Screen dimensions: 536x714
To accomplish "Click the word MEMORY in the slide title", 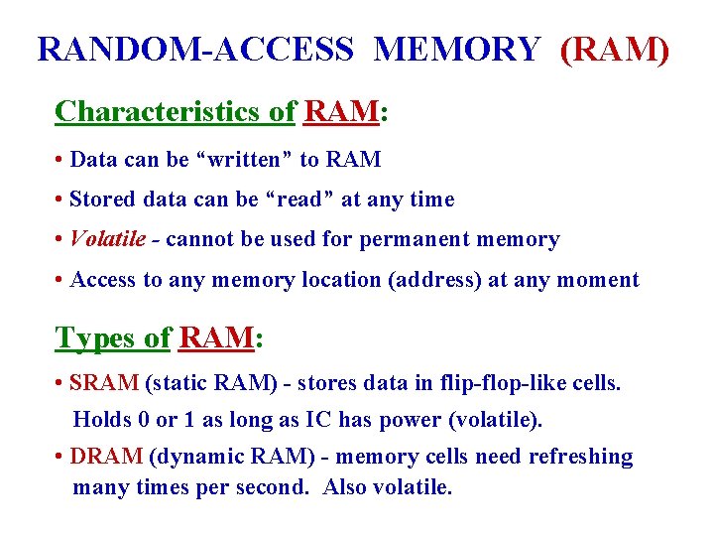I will (456, 49).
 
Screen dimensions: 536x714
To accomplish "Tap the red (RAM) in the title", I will (615, 49).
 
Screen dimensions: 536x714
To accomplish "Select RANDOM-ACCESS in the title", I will (195, 49).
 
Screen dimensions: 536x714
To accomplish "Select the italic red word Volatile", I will (110, 239).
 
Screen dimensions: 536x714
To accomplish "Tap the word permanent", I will (430, 239).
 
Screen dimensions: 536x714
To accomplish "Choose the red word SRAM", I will (105, 383).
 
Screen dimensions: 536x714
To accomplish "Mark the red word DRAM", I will (106, 457).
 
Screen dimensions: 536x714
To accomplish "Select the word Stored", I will (104, 200).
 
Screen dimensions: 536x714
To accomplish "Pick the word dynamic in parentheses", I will (194, 457).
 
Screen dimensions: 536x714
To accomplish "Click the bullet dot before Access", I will (61, 280).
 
